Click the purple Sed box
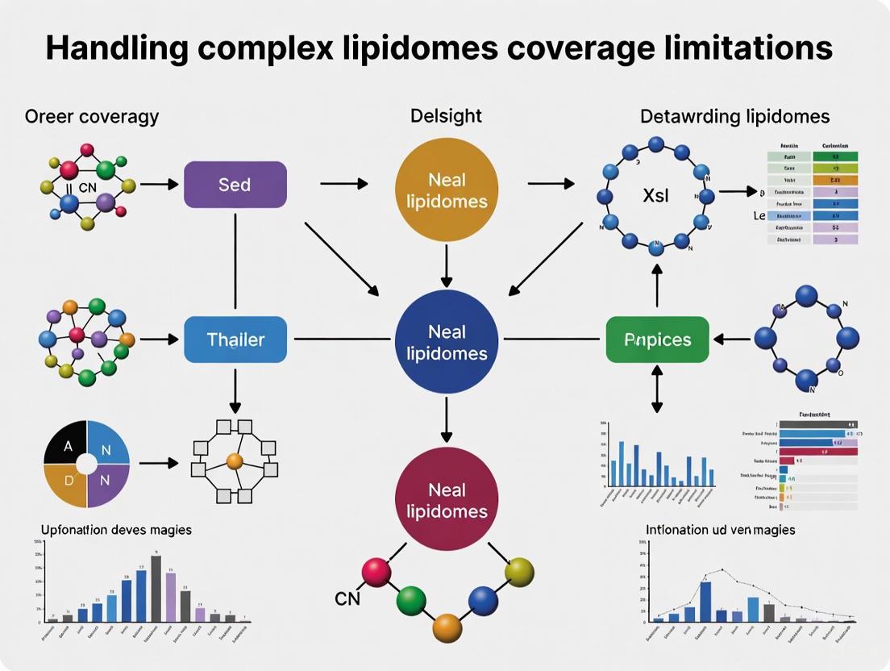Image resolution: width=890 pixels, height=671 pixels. click(235, 185)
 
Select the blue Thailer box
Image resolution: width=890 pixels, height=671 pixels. click(235, 340)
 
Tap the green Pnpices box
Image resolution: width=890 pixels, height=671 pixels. click(657, 340)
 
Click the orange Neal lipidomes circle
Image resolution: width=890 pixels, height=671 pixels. click(447, 191)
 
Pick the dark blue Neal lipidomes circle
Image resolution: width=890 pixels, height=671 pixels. click(447, 342)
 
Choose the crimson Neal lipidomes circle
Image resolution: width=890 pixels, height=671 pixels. click(447, 500)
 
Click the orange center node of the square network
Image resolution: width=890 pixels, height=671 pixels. click(234, 461)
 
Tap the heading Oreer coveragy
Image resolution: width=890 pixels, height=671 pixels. click(92, 116)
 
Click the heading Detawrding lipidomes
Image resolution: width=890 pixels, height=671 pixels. click(734, 116)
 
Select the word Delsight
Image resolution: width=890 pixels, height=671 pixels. click(446, 115)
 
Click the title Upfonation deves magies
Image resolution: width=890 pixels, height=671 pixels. click(116, 530)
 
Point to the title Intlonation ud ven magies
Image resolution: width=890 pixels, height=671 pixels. click(720, 530)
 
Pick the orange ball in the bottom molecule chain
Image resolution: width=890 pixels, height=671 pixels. click(446, 627)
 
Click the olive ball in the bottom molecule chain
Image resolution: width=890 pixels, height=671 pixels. click(519, 573)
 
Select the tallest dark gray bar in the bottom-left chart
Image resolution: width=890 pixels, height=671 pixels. click(156, 588)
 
